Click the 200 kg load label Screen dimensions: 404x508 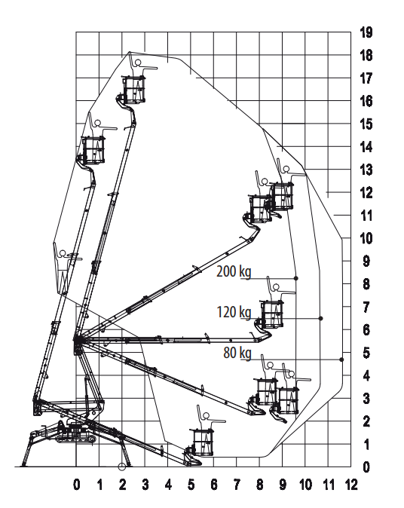click(x=234, y=271)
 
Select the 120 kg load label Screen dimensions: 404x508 click(x=234, y=312)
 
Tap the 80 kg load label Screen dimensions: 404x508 click(x=237, y=353)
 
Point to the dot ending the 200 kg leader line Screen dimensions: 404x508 click(x=295, y=278)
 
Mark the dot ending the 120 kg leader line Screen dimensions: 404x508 click(x=321, y=319)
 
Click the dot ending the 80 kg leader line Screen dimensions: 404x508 click(x=341, y=360)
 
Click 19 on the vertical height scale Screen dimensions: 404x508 click(x=366, y=32)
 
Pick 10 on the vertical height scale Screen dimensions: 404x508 click(x=366, y=238)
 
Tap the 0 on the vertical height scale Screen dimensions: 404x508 click(x=366, y=467)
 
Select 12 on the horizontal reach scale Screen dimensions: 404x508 click(x=351, y=485)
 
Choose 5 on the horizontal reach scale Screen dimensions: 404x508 click(x=191, y=485)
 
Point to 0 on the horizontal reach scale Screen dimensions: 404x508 click(x=76, y=485)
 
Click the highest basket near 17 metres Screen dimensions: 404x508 click(x=133, y=90)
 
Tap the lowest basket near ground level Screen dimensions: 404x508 click(x=204, y=442)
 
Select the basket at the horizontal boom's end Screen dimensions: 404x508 click(x=272, y=314)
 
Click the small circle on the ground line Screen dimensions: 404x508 click(x=122, y=467)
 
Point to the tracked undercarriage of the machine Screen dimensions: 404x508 click(x=76, y=439)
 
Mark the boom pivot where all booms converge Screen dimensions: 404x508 click(x=77, y=340)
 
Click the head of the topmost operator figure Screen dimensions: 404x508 click(x=138, y=63)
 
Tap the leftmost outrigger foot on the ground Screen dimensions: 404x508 click(x=23, y=465)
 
